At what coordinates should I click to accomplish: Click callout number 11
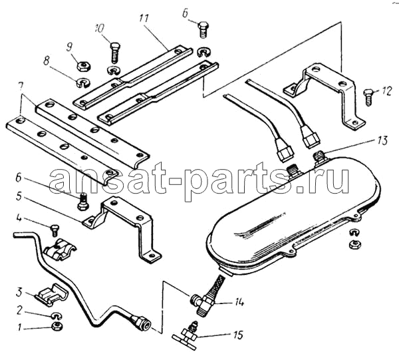tap(144, 19)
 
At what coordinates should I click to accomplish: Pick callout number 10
tap(100, 29)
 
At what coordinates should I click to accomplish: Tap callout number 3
tap(19, 293)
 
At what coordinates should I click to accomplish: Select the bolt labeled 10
tap(114, 53)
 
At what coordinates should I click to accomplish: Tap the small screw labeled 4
tap(55, 230)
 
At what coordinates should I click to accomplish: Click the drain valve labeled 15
tap(185, 336)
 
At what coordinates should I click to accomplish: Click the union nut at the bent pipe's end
tap(142, 323)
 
